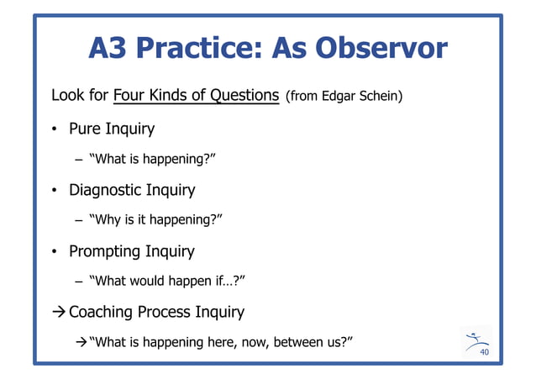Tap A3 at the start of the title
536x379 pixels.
(109, 50)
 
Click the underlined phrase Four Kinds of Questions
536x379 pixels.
(197, 96)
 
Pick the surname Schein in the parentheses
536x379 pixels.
(381, 97)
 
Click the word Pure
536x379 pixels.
(87, 129)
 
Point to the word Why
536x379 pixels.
(108, 220)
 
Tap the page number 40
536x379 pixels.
(484, 354)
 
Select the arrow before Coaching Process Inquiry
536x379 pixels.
(58, 313)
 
